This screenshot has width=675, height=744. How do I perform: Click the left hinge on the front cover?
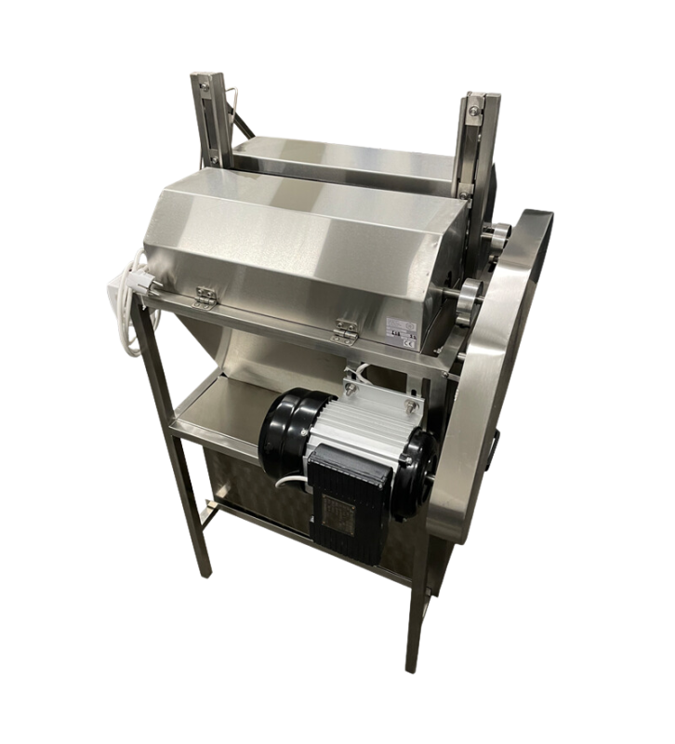[x=203, y=296]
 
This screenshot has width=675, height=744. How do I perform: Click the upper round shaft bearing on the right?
[x=496, y=232]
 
